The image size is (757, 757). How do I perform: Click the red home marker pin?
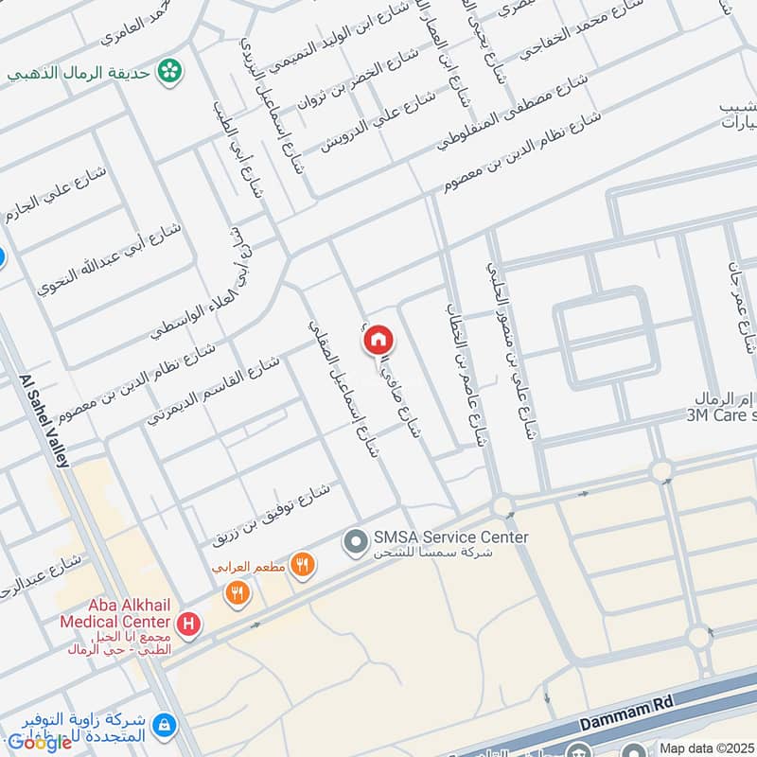click(378, 339)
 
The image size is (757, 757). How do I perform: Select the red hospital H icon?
click(189, 624)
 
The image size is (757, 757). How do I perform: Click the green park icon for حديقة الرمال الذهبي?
click(169, 70)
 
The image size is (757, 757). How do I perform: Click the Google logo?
click(41, 742)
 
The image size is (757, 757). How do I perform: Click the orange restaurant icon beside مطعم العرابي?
click(303, 566)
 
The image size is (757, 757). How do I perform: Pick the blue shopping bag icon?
click(165, 726)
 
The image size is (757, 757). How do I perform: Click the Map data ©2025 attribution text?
click(706, 748)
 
